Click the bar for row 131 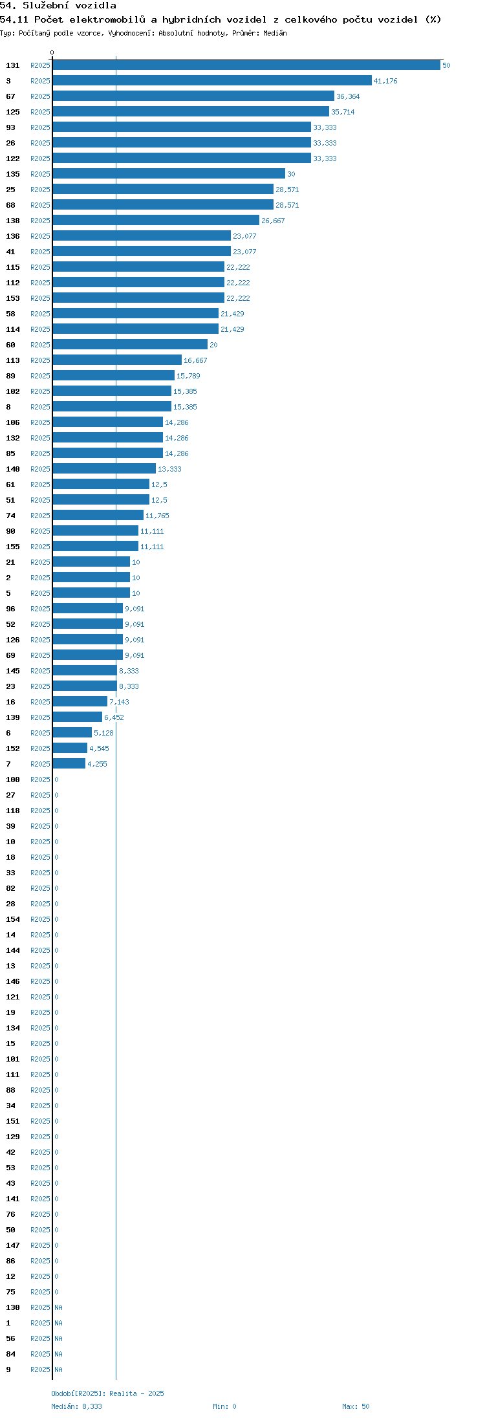246,65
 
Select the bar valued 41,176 212,80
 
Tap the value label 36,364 348,96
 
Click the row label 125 13,112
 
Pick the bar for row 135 169,173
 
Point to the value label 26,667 273,221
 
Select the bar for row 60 130,344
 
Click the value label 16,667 195,360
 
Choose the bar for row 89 114,375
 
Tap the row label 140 13,469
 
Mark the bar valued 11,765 98,515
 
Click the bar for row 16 80,701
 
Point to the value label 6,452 114,717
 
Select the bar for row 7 69,763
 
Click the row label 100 13,780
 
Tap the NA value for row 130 58,1307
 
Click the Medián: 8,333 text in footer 76,1406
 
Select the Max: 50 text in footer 356,1406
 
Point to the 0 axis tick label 52,52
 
